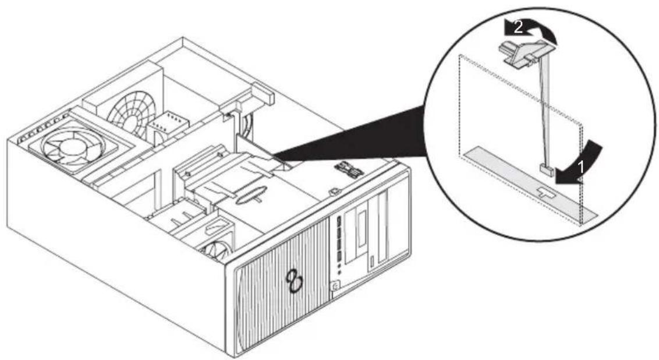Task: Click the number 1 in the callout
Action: pos(581,167)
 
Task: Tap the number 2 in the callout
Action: pos(518,27)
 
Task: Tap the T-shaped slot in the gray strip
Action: pos(545,192)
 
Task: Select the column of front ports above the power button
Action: pos(338,241)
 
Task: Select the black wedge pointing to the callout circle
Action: pos(349,135)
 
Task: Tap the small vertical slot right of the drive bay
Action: pos(373,263)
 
